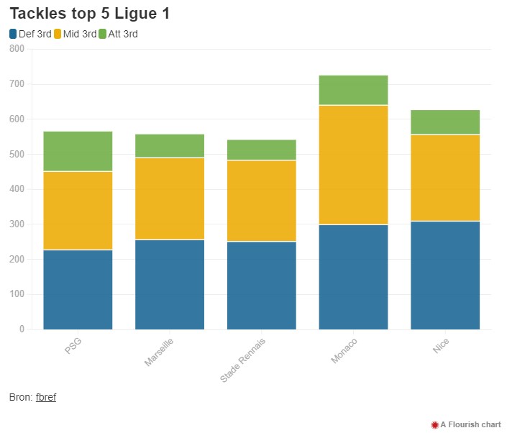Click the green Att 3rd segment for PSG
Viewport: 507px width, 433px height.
click(x=78, y=151)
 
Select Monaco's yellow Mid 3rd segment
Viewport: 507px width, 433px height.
click(x=353, y=165)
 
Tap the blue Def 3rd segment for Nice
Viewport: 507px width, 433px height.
click(x=445, y=275)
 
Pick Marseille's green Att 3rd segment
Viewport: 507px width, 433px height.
click(x=170, y=145)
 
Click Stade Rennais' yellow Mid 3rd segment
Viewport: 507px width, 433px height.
click(x=262, y=201)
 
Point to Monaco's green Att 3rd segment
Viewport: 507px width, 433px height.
click(x=353, y=90)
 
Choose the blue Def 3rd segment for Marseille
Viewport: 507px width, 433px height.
click(x=170, y=285)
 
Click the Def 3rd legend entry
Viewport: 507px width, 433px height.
click(x=30, y=34)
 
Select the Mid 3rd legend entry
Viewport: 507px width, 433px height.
click(x=76, y=34)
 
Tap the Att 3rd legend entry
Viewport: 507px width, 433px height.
click(x=119, y=34)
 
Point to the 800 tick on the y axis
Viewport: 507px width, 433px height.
click(x=17, y=48)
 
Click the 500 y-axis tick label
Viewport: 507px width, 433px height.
click(x=17, y=154)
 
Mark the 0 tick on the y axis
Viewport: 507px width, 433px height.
click(x=22, y=329)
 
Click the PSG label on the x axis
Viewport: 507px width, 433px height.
click(x=73, y=346)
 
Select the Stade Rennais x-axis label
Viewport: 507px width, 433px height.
click(x=243, y=360)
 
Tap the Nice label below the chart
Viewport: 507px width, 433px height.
click(x=441, y=346)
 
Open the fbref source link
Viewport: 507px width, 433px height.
click(x=46, y=397)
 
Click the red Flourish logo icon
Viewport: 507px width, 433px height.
click(x=435, y=424)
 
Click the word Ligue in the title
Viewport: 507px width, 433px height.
click(x=136, y=14)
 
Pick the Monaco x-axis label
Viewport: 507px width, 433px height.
click(x=344, y=351)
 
